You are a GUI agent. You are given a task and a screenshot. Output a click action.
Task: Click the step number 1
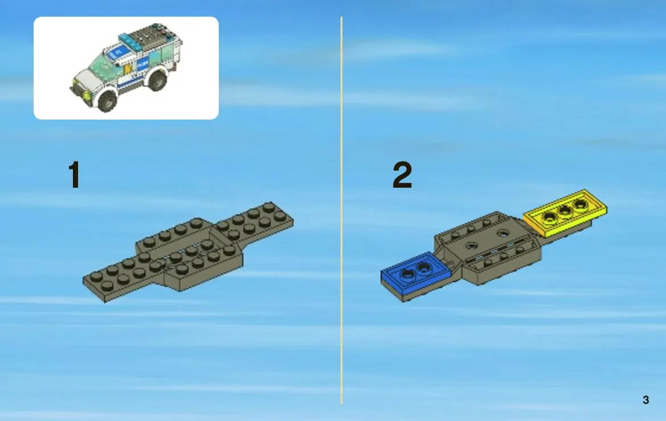coord(74,175)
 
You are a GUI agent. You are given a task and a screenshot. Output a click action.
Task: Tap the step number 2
coord(402,175)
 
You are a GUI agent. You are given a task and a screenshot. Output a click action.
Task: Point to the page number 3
coord(645,400)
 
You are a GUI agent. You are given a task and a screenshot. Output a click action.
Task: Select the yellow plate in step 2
coord(565,213)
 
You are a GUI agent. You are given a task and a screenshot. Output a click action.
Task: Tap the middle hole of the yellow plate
coord(565,211)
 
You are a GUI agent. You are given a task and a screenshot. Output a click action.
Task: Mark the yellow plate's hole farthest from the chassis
coord(580,205)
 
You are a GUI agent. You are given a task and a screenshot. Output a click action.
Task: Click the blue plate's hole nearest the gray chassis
coord(423,268)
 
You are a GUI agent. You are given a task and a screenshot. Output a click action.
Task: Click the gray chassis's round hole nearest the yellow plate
coord(503,233)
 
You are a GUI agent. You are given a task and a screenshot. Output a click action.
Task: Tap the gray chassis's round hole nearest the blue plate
coord(471,245)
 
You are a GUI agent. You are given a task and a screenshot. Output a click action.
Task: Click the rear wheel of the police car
coord(158,80)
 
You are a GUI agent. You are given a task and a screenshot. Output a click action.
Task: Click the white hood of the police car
coord(87,79)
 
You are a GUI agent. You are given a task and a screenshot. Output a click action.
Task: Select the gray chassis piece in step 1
coord(188,252)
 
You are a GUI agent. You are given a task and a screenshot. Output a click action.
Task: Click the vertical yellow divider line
coord(341,210)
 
